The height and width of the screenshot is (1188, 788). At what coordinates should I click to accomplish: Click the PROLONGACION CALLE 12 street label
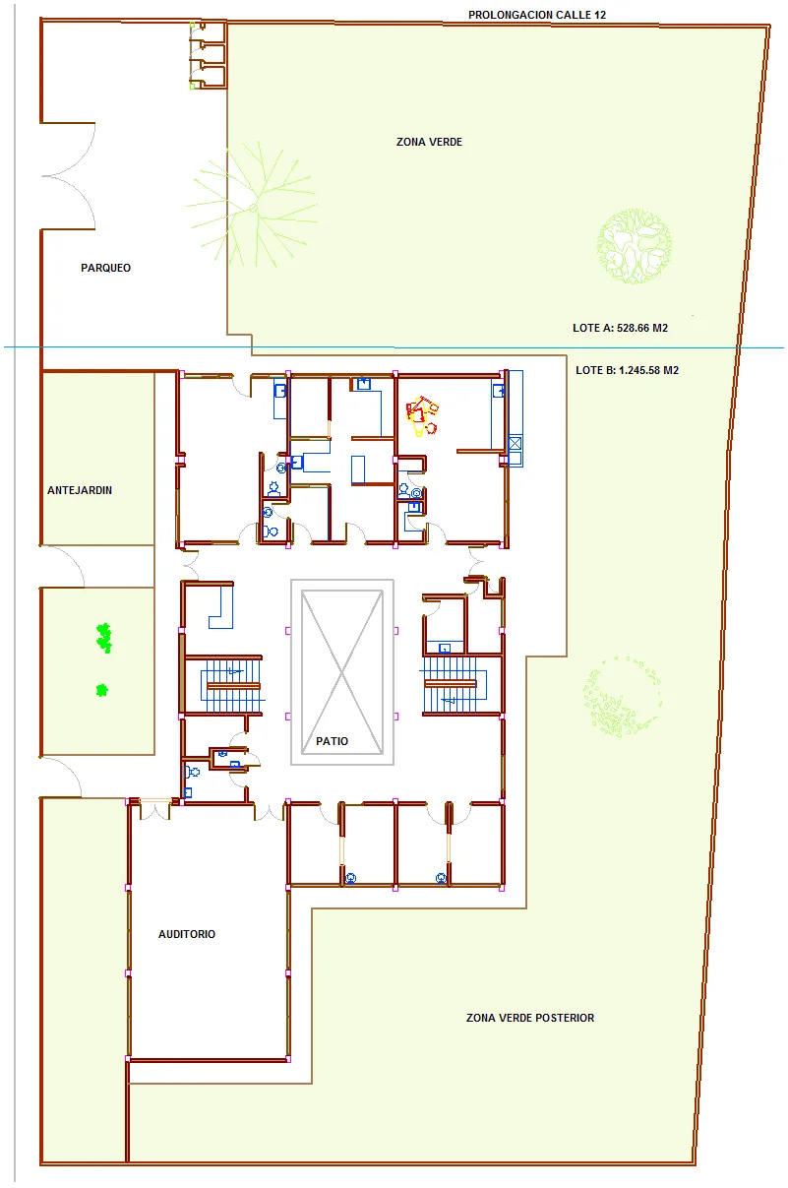(x=537, y=15)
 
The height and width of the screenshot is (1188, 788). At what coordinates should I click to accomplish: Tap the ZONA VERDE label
(x=429, y=142)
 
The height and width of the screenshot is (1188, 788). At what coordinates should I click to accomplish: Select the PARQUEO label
(x=105, y=268)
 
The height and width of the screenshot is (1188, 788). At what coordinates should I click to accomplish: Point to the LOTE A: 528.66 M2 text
(x=620, y=328)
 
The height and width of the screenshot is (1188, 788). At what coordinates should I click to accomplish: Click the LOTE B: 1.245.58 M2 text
(x=627, y=370)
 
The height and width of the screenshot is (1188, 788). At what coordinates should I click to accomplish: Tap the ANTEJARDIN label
(x=80, y=490)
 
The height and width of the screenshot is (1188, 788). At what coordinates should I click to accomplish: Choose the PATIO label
(x=332, y=741)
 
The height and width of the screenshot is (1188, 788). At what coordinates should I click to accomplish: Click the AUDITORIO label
(x=187, y=934)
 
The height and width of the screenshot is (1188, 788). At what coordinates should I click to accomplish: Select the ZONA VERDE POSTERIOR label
(x=530, y=1018)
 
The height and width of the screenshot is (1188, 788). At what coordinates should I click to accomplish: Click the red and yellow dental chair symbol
(x=422, y=415)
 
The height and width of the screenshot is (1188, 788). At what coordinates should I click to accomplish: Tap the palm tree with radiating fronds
(x=253, y=208)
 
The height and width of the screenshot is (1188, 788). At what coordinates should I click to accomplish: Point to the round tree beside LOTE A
(x=634, y=246)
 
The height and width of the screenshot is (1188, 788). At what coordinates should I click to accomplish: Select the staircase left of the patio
(x=231, y=686)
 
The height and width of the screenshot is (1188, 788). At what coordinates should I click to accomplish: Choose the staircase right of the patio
(x=455, y=685)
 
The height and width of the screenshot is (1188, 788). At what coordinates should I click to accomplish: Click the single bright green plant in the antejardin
(x=101, y=690)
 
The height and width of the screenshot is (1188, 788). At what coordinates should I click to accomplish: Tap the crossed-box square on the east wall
(x=515, y=443)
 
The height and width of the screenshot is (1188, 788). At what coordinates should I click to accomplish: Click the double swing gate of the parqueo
(x=69, y=176)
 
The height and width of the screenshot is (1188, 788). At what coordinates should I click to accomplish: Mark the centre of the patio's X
(x=341, y=672)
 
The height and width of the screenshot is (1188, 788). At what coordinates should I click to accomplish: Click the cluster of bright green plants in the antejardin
(x=104, y=638)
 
